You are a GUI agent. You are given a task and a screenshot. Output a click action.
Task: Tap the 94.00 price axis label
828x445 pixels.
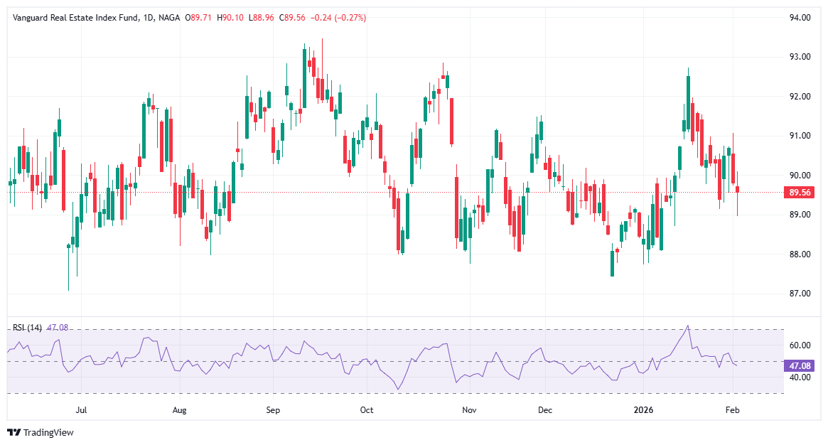click(800, 18)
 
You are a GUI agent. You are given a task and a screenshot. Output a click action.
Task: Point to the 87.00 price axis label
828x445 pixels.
click(800, 294)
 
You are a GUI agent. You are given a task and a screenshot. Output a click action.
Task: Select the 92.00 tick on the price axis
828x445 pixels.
click(800, 97)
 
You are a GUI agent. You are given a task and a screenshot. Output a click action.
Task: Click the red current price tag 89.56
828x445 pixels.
click(800, 192)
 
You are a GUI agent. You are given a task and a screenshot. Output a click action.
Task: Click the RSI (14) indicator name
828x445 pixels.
click(28, 328)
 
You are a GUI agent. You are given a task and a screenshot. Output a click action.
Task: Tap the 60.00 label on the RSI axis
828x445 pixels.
click(800, 345)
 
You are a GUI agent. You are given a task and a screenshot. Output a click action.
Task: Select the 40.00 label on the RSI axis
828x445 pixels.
click(800, 377)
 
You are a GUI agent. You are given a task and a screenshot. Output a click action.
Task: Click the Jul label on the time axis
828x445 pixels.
click(81, 410)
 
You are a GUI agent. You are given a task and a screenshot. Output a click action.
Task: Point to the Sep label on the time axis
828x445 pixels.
click(273, 410)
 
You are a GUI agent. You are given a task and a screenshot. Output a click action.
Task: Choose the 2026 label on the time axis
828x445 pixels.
click(643, 410)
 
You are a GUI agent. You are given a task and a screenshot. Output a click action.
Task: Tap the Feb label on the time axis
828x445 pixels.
click(733, 410)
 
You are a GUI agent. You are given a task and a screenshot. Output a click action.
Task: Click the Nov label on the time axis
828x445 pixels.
click(468, 410)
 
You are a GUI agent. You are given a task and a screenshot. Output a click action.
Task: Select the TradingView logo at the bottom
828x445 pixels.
click(41, 432)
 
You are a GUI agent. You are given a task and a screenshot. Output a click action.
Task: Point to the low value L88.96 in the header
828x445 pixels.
click(259, 18)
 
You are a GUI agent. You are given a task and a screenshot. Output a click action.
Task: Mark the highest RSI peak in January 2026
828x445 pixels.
click(687, 326)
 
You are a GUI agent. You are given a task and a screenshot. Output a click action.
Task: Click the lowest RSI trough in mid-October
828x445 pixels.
click(399, 390)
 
